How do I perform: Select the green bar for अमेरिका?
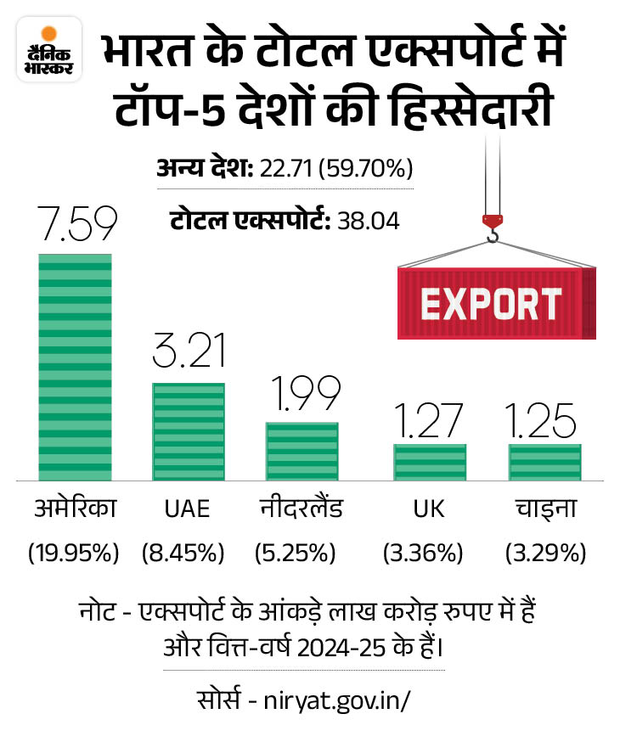tap(75, 365)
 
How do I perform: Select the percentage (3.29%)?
tap(545, 554)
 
